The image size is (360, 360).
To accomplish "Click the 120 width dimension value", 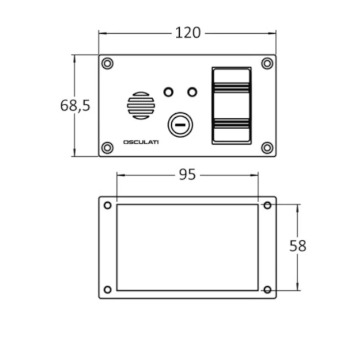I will (x=188, y=33).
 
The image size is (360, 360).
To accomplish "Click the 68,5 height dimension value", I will (x=75, y=105).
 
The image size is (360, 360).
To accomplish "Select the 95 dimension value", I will (x=188, y=175).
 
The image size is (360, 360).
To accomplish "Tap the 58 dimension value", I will (x=298, y=246).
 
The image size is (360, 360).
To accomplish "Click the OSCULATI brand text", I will (x=141, y=142).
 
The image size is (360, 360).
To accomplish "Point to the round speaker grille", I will (x=141, y=105).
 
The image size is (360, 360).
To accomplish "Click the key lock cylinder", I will (x=181, y=125).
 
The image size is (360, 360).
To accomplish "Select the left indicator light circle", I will (x=168, y=92).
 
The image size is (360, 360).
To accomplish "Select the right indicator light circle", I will (x=193, y=92).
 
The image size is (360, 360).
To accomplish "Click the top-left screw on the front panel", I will (x=107, y=64).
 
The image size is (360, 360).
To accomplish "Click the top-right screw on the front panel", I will (x=267, y=64).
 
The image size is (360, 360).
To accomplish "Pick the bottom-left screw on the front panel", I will (x=107, y=148).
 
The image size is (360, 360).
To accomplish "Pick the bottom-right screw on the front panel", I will (x=267, y=148).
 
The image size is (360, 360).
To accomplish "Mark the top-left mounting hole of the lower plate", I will (x=107, y=206).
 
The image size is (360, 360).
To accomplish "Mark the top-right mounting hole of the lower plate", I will (x=267, y=206).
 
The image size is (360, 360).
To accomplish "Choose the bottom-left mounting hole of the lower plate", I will (x=107, y=289).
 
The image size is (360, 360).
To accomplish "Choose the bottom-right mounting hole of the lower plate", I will (x=267, y=289).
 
